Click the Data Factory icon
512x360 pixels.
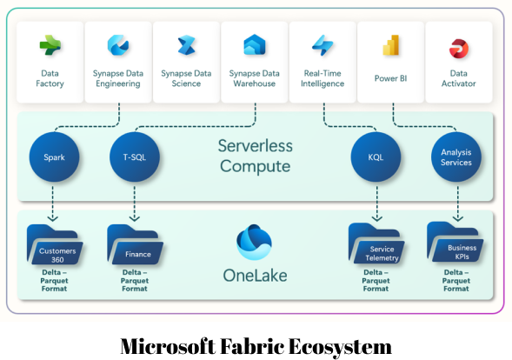(x=50, y=45)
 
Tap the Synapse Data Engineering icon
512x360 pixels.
(x=118, y=45)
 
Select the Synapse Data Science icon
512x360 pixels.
(x=186, y=45)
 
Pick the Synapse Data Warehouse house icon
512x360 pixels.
(x=254, y=45)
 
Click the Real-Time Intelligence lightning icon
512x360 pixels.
(x=322, y=45)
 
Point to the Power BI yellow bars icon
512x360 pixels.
(x=391, y=45)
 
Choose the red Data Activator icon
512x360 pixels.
(x=458, y=47)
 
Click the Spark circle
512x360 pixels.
(x=54, y=157)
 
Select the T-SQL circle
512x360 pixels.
(x=134, y=157)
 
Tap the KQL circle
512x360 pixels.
(x=376, y=157)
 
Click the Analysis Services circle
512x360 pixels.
(x=455, y=157)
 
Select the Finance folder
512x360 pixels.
(x=134, y=245)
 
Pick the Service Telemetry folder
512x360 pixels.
(x=376, y=244)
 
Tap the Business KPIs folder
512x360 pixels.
(x=455, y=243)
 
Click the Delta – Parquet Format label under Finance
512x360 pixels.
(x=134, y=281)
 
